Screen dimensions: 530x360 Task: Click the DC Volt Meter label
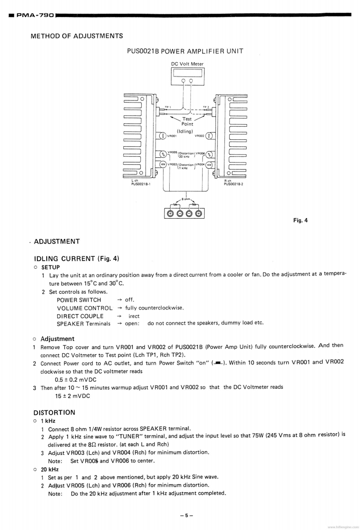tap(187, 64)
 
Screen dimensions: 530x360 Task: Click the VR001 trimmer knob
tap(163, 136)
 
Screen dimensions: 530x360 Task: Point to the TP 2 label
tap(206, 107)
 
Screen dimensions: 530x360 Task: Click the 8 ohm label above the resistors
tap(186, 199)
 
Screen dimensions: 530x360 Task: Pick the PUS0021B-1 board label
tap(140, 184)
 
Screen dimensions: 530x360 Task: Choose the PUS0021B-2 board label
tap(233, 184)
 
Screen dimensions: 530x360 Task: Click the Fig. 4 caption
tap(300, 220)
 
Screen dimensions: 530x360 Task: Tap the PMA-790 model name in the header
tap(35, 15)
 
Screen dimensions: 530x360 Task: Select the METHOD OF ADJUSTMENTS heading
tap(77, 36)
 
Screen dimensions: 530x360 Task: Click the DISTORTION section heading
tap(54, 412)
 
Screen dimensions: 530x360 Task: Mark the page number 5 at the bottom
tap(187, 515)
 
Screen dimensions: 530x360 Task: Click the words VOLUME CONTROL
tap(85, 308)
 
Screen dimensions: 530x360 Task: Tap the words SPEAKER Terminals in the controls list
tap(84, 324)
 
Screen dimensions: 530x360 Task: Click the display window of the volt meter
tap(187, 73)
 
